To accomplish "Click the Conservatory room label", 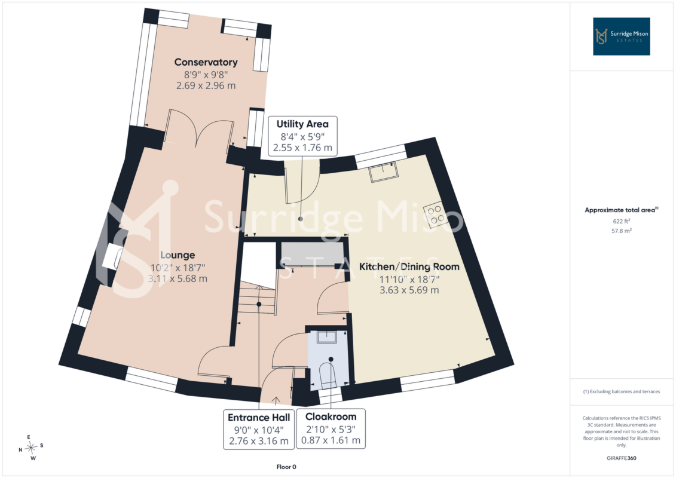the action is [x=206, y=62].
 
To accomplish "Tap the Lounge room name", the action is [x=178, y=255].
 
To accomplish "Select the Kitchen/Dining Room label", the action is [x=409, y=267].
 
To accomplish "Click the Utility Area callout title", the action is [x=302, y=124].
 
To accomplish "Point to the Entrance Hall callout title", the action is [x=259, y=418].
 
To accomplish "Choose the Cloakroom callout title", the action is [x=331, y=417].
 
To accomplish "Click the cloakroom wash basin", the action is [x=327, y=336].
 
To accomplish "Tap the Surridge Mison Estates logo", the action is [x=621, y=36].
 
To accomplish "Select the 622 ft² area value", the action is [x=621, y=221].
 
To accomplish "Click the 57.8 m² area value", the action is [x=621, y=231].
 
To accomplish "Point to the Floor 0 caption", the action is [x=286, y=467].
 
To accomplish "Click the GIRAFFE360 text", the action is [x=621, y=458].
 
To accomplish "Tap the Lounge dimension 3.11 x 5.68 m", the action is [x=178, y=278].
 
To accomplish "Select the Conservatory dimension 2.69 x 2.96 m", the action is [x=206, y=85].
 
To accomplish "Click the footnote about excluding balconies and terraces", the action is [x=621, y=392].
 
